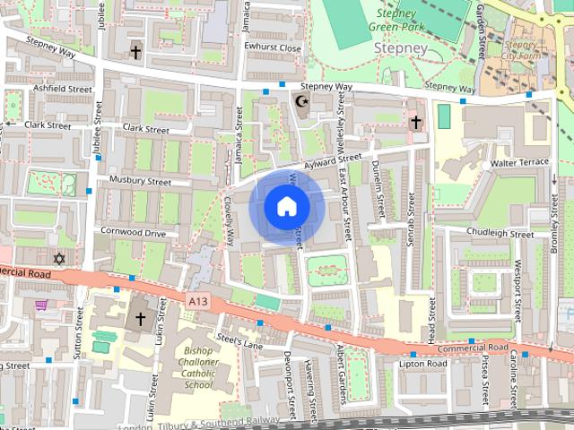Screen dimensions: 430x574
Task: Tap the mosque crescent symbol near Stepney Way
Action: coord(301,102)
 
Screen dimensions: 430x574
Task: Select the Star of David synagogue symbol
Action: coord(60,259)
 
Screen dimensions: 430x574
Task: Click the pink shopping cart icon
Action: coord(41,305)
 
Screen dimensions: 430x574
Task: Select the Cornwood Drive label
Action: coord(133,233)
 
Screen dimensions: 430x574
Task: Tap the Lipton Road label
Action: coord(423,364)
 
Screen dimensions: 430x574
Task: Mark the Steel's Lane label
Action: coord(239,341)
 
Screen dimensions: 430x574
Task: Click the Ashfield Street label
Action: coord(62,90)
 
